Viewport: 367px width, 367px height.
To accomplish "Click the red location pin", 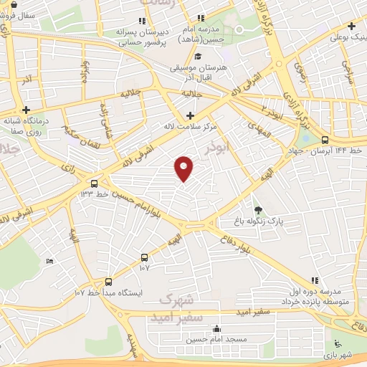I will [x=184, y=168].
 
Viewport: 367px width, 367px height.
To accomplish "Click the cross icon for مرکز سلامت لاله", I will [x=190, y=115].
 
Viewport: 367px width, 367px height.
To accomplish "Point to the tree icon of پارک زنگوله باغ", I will [x=258, y=210].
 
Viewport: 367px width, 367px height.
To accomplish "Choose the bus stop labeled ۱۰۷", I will [x=145, y=257].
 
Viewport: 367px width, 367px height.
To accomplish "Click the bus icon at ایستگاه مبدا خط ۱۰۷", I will [x=108, y=282].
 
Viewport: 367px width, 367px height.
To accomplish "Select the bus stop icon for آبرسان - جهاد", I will [x=325, y=140].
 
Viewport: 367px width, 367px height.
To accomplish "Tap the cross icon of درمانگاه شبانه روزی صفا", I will [x=27, y=110].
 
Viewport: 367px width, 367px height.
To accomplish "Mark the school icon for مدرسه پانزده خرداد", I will [x=313, y=280].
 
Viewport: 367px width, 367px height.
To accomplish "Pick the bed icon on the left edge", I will [x=49, y=262].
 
